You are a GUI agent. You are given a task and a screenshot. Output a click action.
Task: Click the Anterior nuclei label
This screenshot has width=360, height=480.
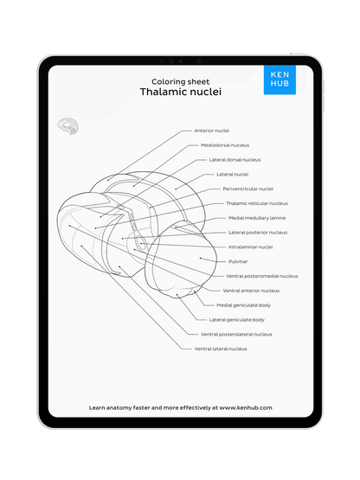coord(212,131)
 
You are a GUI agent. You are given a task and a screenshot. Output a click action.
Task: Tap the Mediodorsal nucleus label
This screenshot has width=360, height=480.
coord(224,145)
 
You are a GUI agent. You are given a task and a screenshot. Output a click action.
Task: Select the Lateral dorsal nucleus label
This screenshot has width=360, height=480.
coord(235,160)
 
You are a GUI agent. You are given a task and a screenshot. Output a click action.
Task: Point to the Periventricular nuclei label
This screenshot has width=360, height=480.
coord(247,189)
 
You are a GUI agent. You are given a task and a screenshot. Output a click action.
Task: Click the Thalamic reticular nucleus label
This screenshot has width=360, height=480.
coord(256,203)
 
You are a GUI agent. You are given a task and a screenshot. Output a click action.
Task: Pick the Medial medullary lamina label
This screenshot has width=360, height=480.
coord(258,218)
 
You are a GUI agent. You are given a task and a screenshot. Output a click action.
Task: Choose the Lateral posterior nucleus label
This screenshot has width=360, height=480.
coord(258,233)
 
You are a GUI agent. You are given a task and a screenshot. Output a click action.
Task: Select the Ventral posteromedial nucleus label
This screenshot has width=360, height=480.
coord(262,276)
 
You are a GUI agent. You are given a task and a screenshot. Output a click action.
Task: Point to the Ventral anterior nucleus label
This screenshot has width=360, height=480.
coord(251,291)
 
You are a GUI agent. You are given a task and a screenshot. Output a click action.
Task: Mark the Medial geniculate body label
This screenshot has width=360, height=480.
coord(243,305)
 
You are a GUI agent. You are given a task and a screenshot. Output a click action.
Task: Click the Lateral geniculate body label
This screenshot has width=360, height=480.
coord(236,320)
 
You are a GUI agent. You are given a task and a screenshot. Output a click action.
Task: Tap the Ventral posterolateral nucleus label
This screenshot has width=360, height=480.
coord(236,334)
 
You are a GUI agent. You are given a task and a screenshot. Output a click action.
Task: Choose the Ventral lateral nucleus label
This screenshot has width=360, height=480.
coord(220,349)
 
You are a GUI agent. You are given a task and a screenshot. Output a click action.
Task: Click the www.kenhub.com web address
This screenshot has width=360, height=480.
coord(245,406)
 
